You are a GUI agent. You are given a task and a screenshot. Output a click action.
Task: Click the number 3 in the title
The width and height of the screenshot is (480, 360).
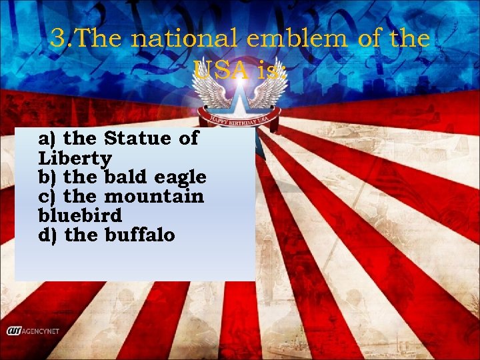tap(59, 39)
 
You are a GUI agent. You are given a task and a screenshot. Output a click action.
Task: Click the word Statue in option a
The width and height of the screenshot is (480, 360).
tap(133, 139)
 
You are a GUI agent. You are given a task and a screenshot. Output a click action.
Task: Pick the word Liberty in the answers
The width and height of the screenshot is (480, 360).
tap(75, 159)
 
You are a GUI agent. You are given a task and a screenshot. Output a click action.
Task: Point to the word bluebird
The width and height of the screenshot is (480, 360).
tap(80, 217)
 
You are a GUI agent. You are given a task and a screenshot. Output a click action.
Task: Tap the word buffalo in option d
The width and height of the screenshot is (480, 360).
tap(139, 235)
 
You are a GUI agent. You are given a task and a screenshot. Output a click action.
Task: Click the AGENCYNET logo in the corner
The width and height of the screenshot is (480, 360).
tap(37, 331)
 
